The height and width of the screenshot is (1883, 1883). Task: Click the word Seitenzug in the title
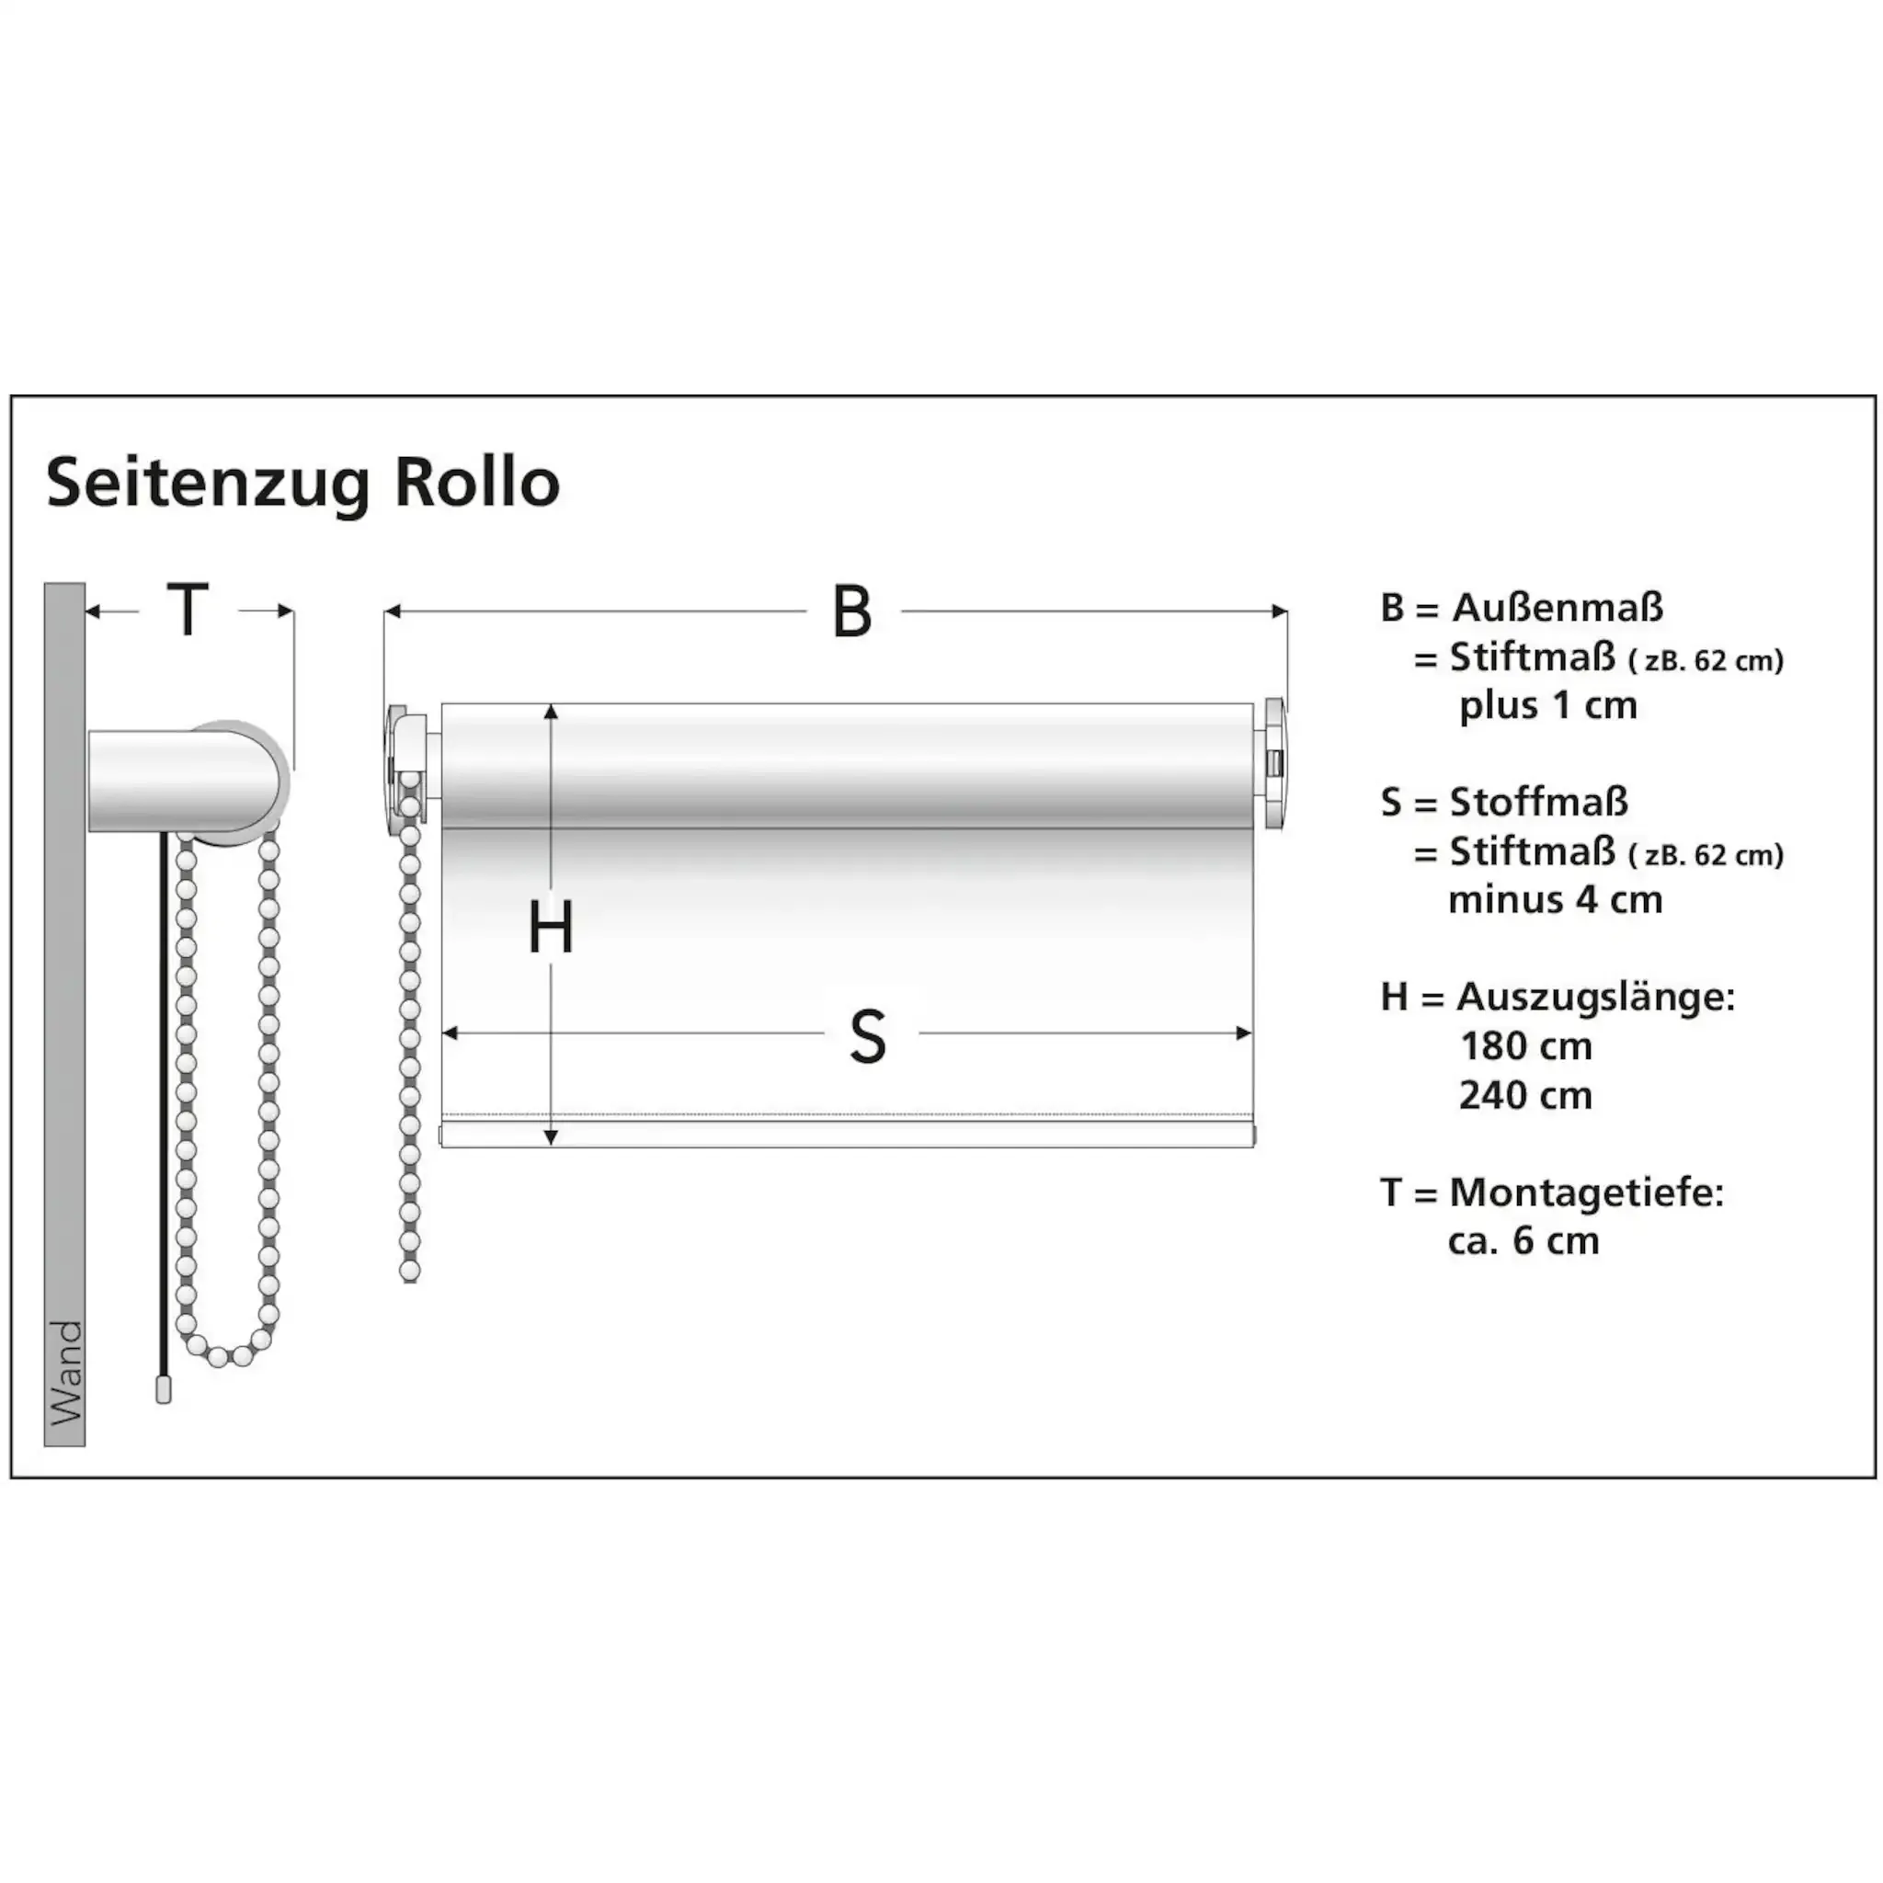click(208, 484)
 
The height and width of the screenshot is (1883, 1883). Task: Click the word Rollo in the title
click(476, 482)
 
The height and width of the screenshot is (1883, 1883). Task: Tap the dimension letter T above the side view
click(188, 611)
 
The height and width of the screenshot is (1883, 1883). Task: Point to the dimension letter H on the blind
click(551, 928)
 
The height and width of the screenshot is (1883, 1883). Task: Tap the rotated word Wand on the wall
click(65, 1373)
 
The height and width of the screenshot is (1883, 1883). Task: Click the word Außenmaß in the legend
click(1557, 607)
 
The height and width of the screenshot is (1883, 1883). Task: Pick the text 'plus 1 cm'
click(1547, 705)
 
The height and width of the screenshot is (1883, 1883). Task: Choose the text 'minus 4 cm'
click(1555, 899)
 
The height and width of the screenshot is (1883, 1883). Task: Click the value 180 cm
click(1525, 1046)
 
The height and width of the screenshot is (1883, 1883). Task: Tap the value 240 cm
click(1525, 1095)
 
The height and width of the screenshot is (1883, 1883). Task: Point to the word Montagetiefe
click(1587, 1192)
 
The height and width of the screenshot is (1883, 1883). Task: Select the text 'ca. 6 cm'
click(1523, 1240)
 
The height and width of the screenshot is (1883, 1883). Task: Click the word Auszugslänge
click(1595, 997)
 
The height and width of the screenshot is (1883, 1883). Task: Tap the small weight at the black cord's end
click(164, 1390)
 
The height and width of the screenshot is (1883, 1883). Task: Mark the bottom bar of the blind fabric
click(847, 1135)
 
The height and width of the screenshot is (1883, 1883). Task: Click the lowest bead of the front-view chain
click(410, 1271)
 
